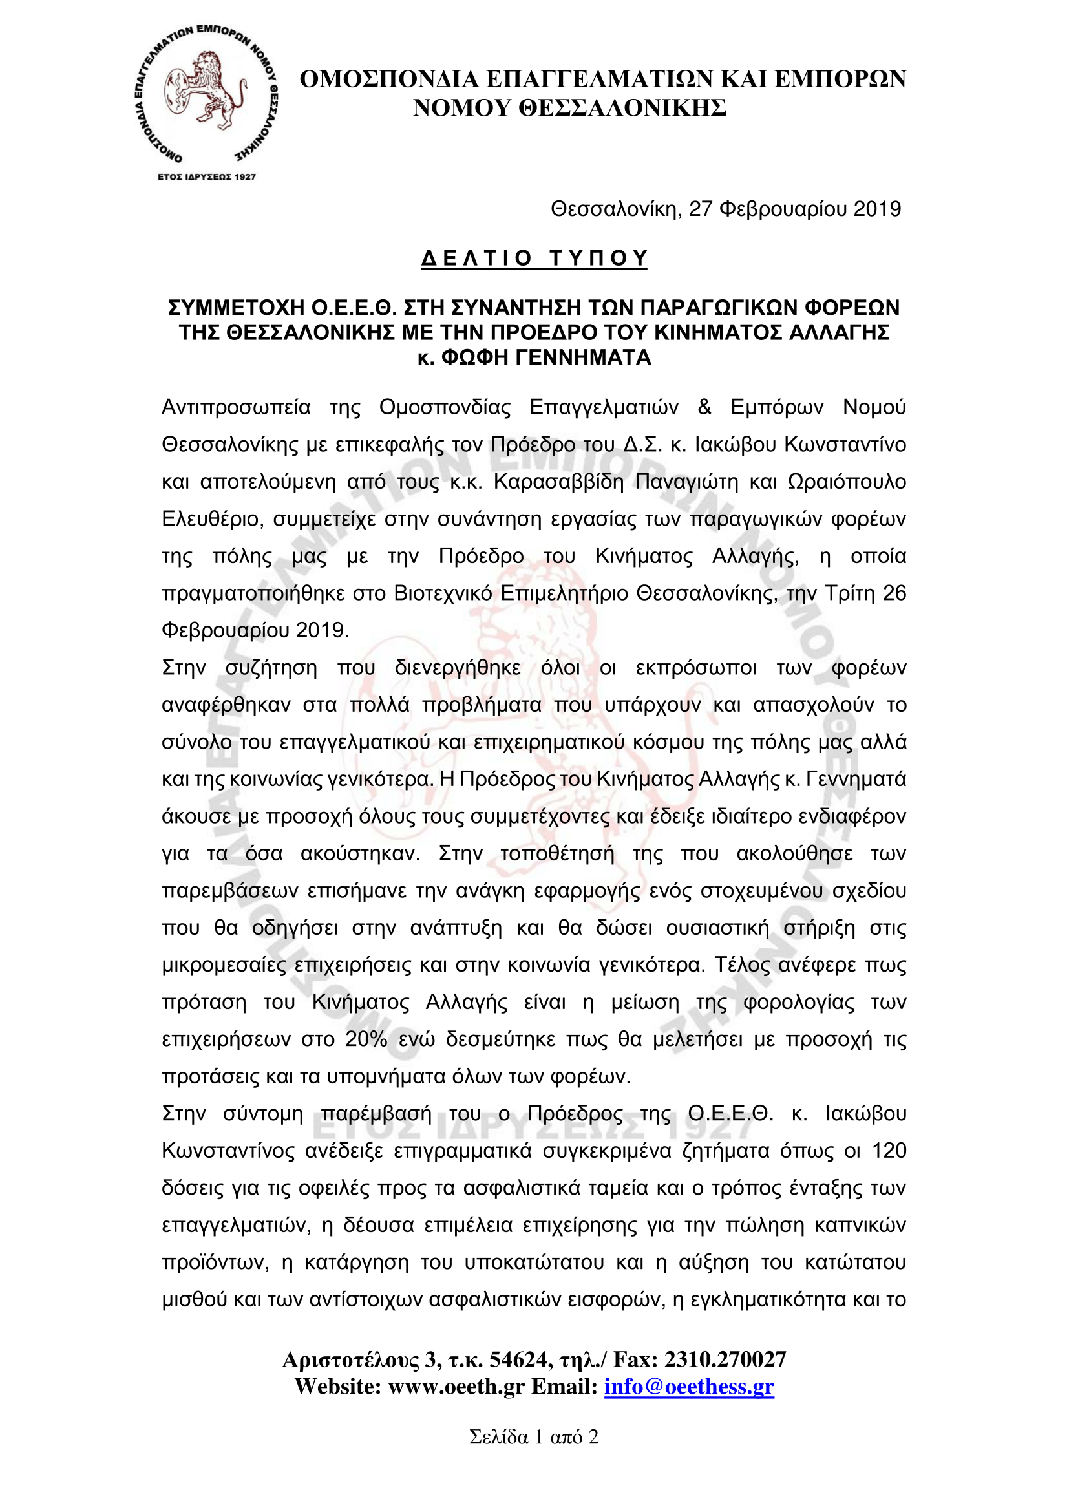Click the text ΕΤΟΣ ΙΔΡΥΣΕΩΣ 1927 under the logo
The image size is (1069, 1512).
(x=207, y=177)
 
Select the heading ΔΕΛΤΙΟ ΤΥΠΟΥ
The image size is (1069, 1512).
(x=534, y=258)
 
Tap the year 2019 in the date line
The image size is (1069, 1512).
(x=877, y=209)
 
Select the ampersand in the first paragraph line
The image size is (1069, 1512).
(x=704, y=408)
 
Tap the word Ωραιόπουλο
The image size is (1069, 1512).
(x=847, y=482)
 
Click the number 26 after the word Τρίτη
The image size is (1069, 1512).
(x=894, y=594)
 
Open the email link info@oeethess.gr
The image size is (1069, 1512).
(x=689, y=1387)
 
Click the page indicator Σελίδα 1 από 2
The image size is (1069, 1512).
(x=534, y=1437)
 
